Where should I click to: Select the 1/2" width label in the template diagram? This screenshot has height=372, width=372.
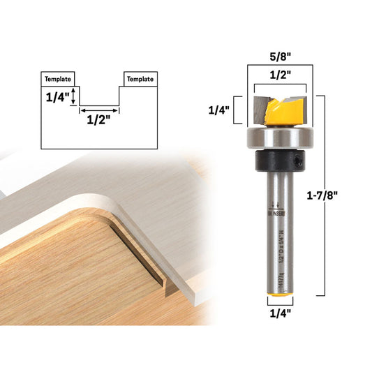click(x=98, y=120)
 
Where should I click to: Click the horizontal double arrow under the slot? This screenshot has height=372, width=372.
click(x=98, y=109)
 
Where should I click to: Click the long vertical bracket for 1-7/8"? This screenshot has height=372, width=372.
click(x=320, y=195)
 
